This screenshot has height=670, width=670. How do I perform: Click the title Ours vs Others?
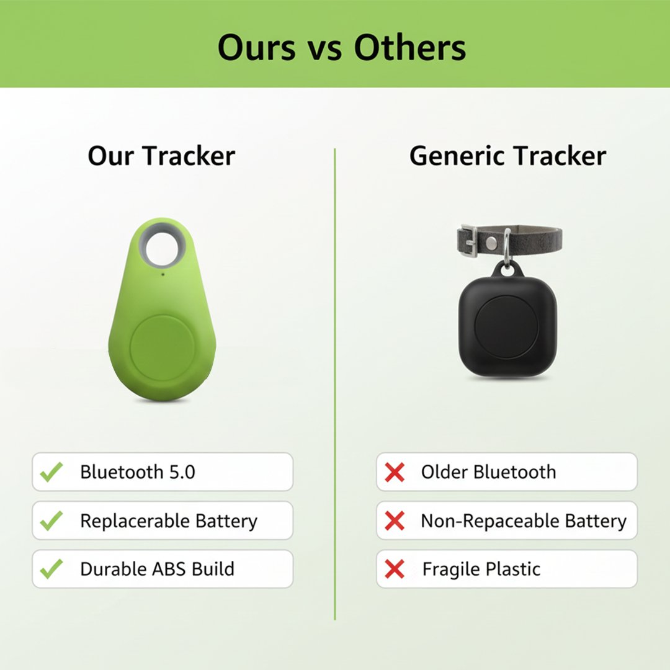pos(342,48)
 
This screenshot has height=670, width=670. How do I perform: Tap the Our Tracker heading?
pos(161,156)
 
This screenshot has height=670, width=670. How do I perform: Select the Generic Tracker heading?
pos(507,156)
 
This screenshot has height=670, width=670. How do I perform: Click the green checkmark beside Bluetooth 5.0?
pos(51,472)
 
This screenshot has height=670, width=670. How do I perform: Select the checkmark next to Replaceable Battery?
pos(51,520)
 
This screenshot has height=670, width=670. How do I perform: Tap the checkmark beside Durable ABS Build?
pos(51,569)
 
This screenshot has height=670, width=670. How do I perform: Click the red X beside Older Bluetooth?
pos(395,472)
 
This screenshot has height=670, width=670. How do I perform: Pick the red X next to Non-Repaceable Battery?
pos(395,520)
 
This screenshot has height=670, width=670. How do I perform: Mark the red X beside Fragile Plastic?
pos(395,569)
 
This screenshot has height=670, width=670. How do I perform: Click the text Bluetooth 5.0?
pos(138,472)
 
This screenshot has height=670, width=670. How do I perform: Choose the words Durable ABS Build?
pos(157,569)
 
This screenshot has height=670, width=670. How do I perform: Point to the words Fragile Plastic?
pos(481,569)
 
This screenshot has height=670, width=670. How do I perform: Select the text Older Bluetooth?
pos(488,472)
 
